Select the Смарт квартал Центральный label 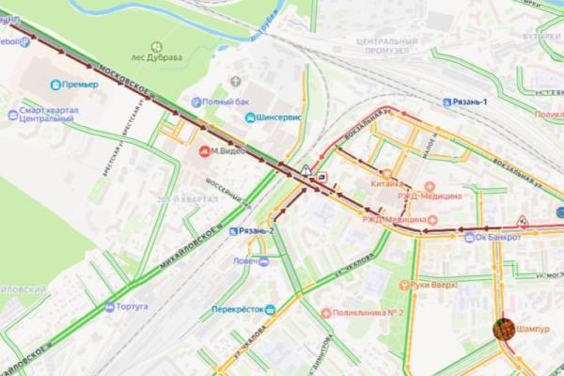(x=46, y=115)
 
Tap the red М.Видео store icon (x=204, y=150)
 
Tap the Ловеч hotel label (x=245, y=261)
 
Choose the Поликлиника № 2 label (x=368, y=312)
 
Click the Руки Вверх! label (x=433, y=284)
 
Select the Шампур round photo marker (x=505, y=328)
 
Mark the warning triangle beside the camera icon (x=306, y=170)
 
